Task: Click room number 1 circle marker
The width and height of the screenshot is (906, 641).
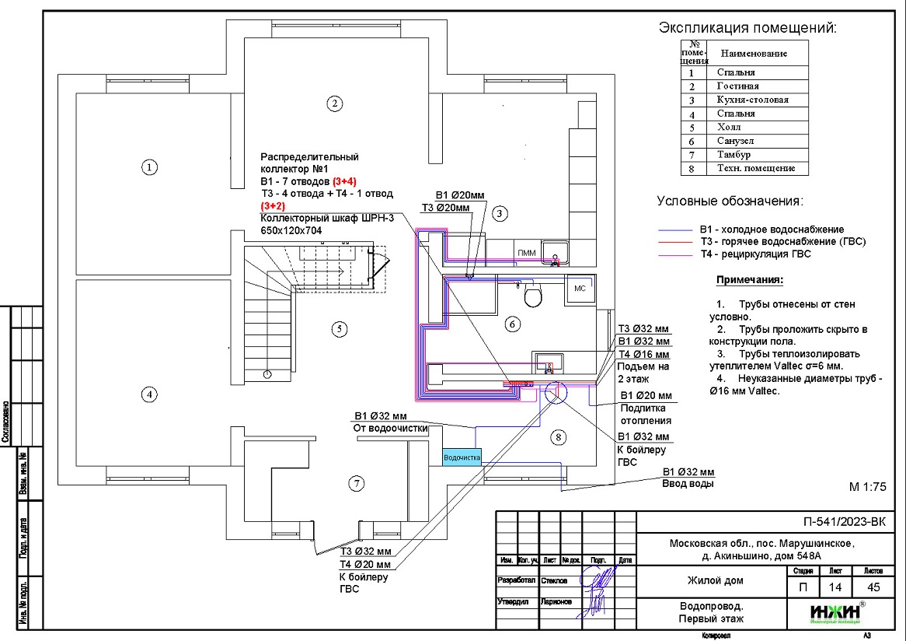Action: point(148,166)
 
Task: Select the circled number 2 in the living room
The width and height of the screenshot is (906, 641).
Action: point(334,103)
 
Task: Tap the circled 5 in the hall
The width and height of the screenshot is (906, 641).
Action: point(338,328)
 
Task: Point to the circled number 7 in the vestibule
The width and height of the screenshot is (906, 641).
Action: point(356,484)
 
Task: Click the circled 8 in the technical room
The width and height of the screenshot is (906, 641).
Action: point(557,437)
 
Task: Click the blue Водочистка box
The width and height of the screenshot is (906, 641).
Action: point(462,458)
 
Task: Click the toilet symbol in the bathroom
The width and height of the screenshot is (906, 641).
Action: point(533,296)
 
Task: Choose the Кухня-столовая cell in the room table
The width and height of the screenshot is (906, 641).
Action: point(752,100)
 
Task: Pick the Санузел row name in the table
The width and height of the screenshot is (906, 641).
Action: point(735,141)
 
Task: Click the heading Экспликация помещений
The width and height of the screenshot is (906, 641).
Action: point(747,29)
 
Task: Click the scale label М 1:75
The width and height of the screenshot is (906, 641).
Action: point(868,488)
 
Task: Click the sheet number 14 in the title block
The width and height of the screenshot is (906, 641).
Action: point(835,587)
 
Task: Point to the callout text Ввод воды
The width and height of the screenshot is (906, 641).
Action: point(687,484)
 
